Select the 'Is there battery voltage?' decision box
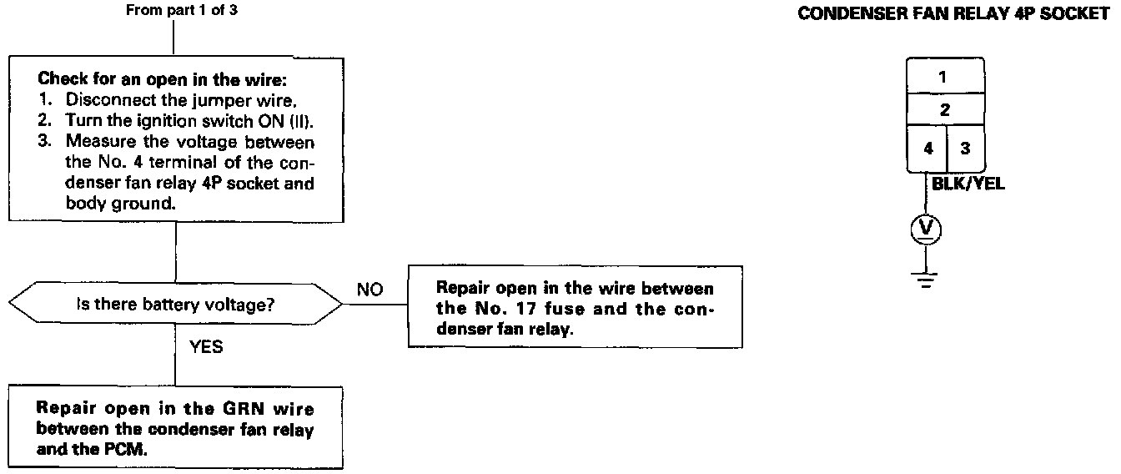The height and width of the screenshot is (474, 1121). click(x=175, y=305)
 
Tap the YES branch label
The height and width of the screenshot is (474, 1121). click(x=206, y=346)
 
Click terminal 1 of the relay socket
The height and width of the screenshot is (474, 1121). click(x=943, y=77)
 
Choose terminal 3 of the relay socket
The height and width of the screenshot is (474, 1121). click(x=964, y=148)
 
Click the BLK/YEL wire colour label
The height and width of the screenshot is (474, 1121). click(x=968, y=185)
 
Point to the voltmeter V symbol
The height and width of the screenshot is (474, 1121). click(x=925, y=229)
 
